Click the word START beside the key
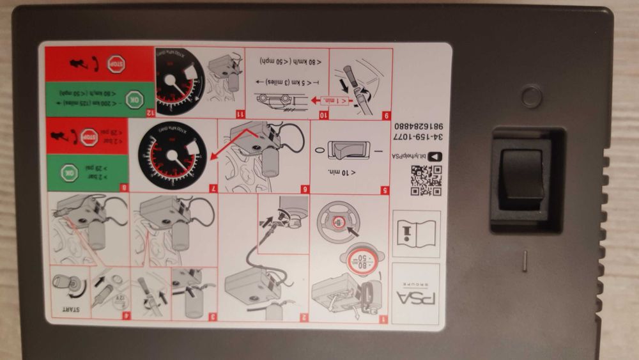(x=68, y=309)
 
